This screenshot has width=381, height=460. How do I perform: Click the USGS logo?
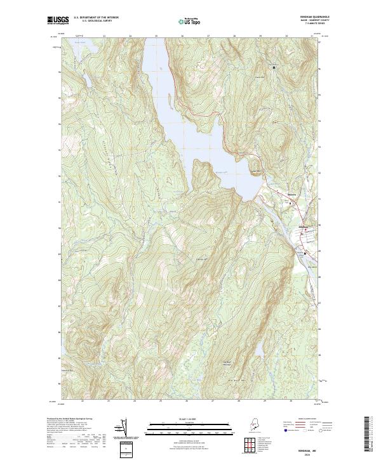point(58,20)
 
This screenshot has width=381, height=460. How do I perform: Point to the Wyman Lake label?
point(222,173)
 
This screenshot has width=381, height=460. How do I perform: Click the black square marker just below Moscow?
point(291,204)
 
